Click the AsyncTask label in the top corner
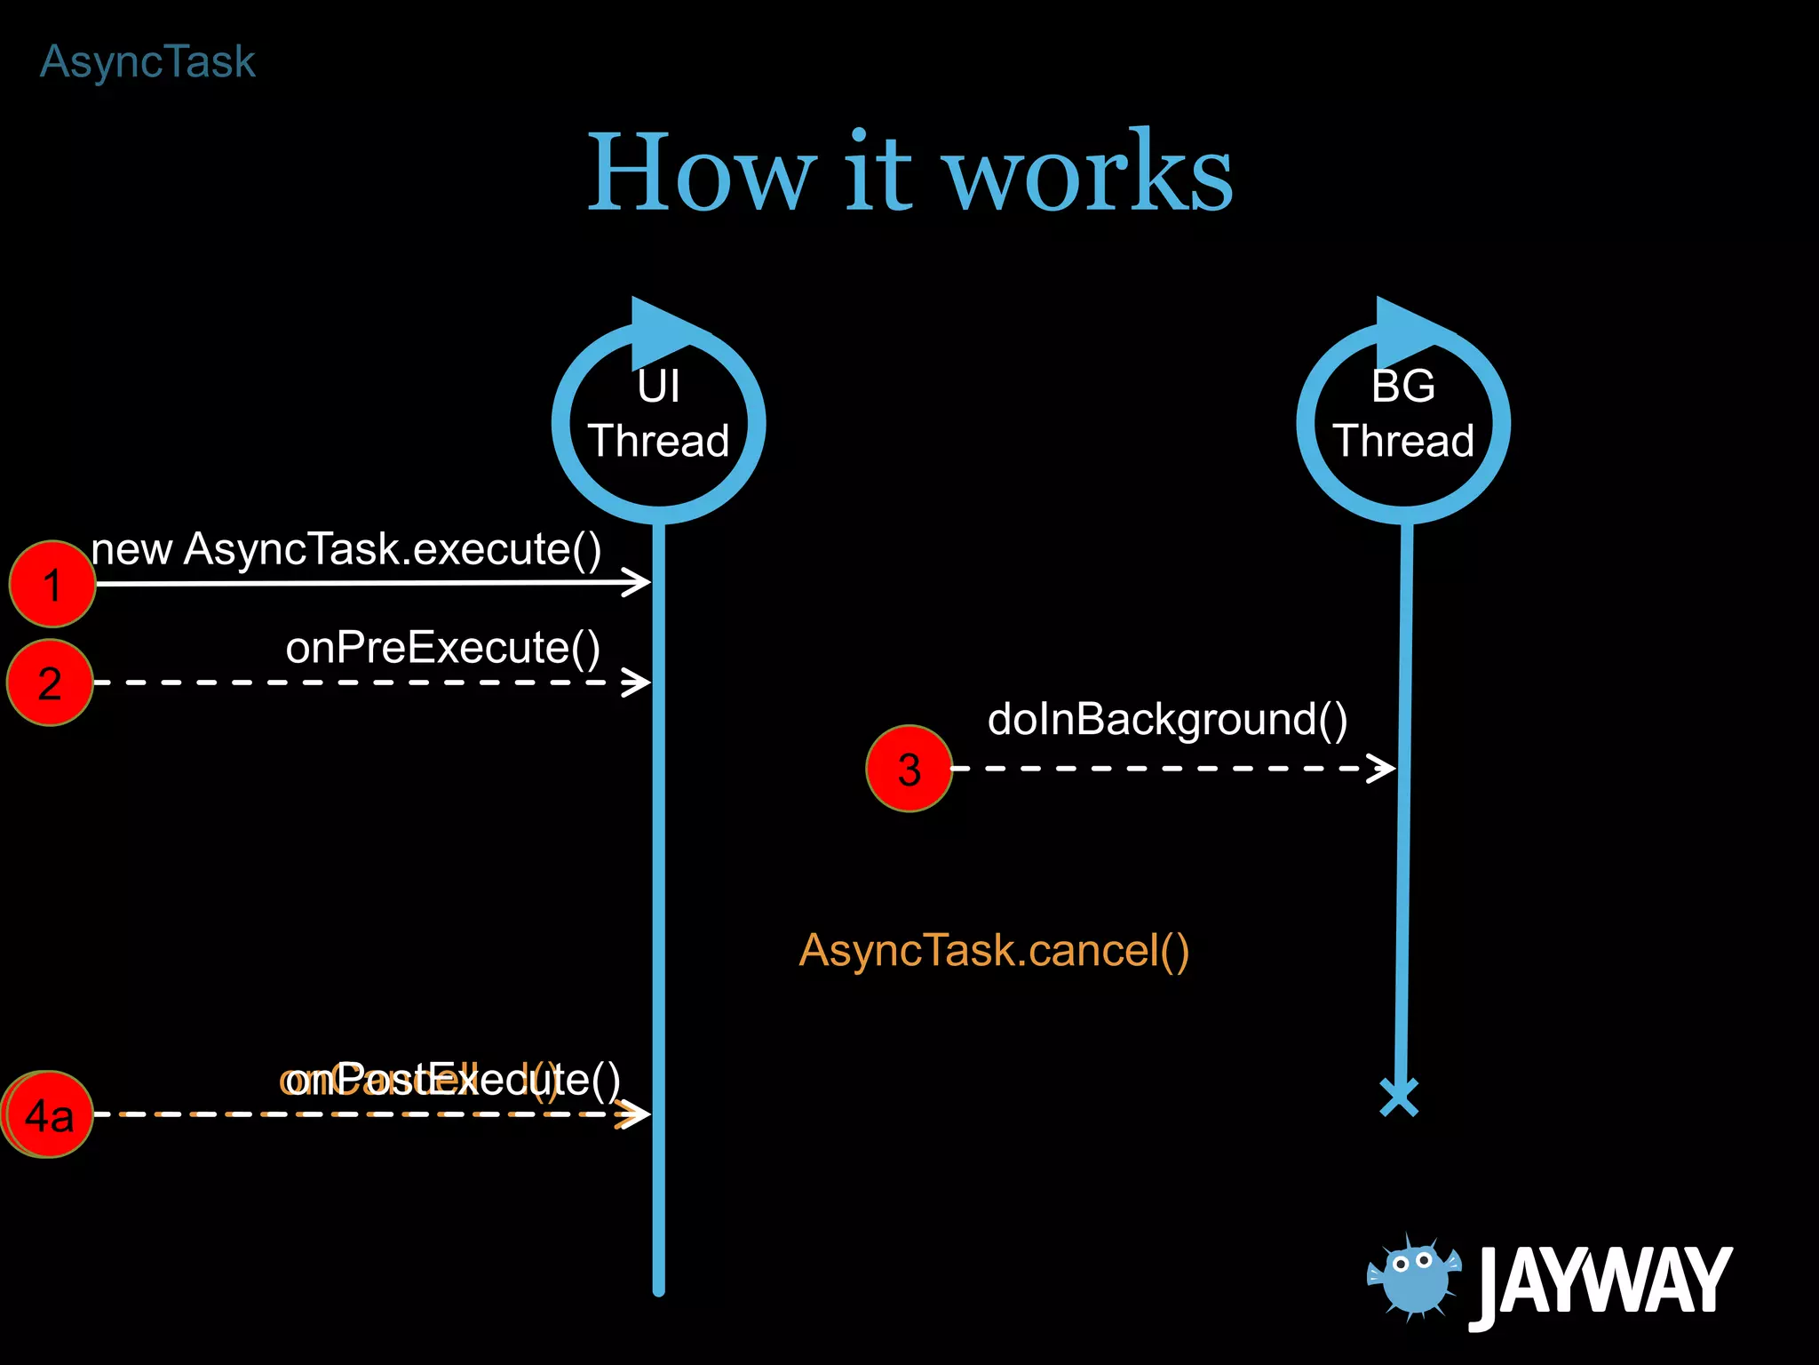click(x=147, y=62)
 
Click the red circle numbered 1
click(x=52, y=584)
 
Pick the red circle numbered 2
click(x=50, y=682)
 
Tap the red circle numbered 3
click(x=909, y=769)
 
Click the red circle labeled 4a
click(x=48, y=1114)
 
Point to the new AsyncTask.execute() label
click(x=346, y=549)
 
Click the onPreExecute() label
click(x=442, y=647)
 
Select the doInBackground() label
click(x=1167, y=719)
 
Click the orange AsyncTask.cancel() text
click(x=994, y=950)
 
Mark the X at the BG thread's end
click(x=1399, y=1097)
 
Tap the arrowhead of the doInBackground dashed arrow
click(x=1381, y=768)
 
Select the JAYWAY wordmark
click(x=1602, y=1282)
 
